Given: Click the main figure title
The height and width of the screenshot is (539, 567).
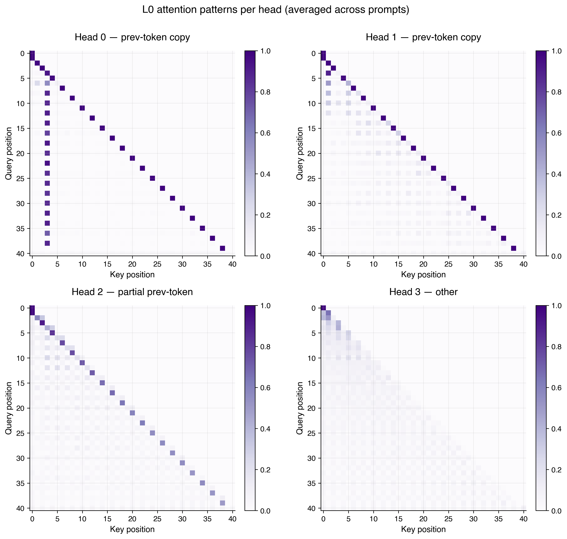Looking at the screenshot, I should pos(276,10).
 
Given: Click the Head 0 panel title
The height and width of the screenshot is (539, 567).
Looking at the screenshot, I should pos(132,37).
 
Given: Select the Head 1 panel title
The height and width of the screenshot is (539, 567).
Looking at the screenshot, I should pos(423,37).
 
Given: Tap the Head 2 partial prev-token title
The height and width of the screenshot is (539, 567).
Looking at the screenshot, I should pos(132,292).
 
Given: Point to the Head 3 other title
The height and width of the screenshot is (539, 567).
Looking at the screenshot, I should pos(423,292).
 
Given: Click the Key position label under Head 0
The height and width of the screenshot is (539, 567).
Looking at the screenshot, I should pos(132,275).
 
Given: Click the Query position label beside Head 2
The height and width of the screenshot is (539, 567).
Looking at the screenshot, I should pos(9,408).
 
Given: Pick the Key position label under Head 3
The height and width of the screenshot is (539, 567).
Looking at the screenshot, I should pos(423,529).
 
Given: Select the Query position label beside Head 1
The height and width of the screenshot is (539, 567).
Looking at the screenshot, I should pos(300,154).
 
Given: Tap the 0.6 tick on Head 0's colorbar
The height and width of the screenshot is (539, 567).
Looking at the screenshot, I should pos(265,133).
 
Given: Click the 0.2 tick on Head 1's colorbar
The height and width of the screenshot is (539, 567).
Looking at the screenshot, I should pos(556,215).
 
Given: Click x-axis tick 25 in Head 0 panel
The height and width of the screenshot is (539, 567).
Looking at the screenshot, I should pos(157,264).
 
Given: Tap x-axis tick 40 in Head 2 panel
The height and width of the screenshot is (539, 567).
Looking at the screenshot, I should pos(232,519).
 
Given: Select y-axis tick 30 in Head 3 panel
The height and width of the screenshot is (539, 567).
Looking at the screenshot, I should pos(312,458).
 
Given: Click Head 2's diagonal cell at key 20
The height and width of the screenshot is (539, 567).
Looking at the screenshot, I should pos(132,413).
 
